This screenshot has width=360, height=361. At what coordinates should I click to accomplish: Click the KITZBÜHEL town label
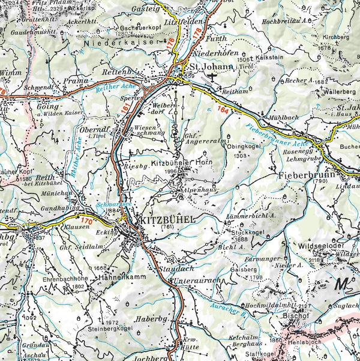[167, 220]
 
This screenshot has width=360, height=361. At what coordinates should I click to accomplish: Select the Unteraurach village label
[196, 281]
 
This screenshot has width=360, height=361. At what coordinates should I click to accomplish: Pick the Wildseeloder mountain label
[319, 246]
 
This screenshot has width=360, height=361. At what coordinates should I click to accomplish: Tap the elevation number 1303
[241, 156]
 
